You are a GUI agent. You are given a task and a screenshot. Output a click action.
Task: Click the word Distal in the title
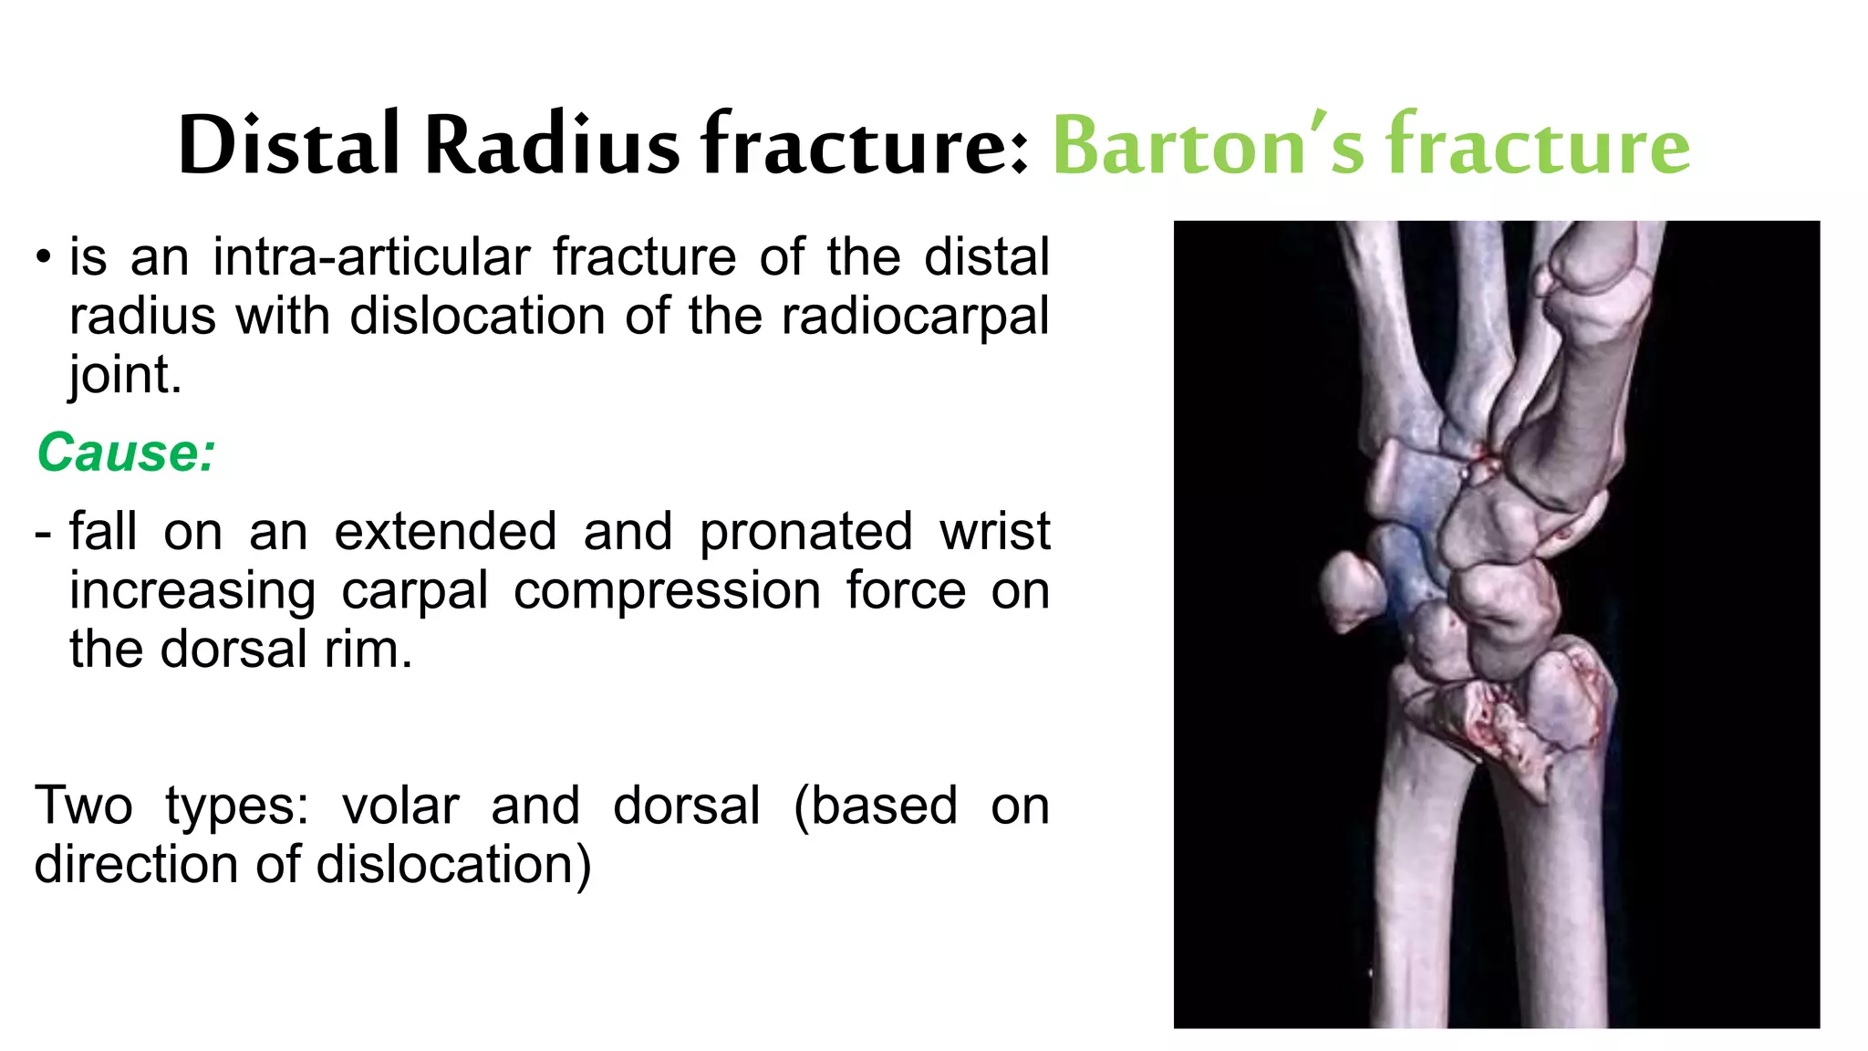coord(289,145)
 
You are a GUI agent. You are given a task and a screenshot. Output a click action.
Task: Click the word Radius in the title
coord(552,145)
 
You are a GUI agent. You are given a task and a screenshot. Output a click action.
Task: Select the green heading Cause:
coord(126,453)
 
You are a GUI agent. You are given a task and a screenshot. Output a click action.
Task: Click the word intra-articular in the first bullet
coord(371,256)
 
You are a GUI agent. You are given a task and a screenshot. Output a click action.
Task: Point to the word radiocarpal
coord(915,317)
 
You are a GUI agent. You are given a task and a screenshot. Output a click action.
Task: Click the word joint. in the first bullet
coord(125,375)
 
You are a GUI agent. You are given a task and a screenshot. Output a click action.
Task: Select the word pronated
coord(805,532)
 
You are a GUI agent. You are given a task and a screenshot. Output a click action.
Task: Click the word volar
coord(400,806)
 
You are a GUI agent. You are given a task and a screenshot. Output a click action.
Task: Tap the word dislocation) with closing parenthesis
coord(453,865)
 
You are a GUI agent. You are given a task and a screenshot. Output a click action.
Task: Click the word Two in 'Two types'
coord(83,806)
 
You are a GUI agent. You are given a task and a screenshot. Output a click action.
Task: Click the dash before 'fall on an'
coord(43,533)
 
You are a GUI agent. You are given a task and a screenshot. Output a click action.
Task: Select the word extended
coord(445,532)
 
